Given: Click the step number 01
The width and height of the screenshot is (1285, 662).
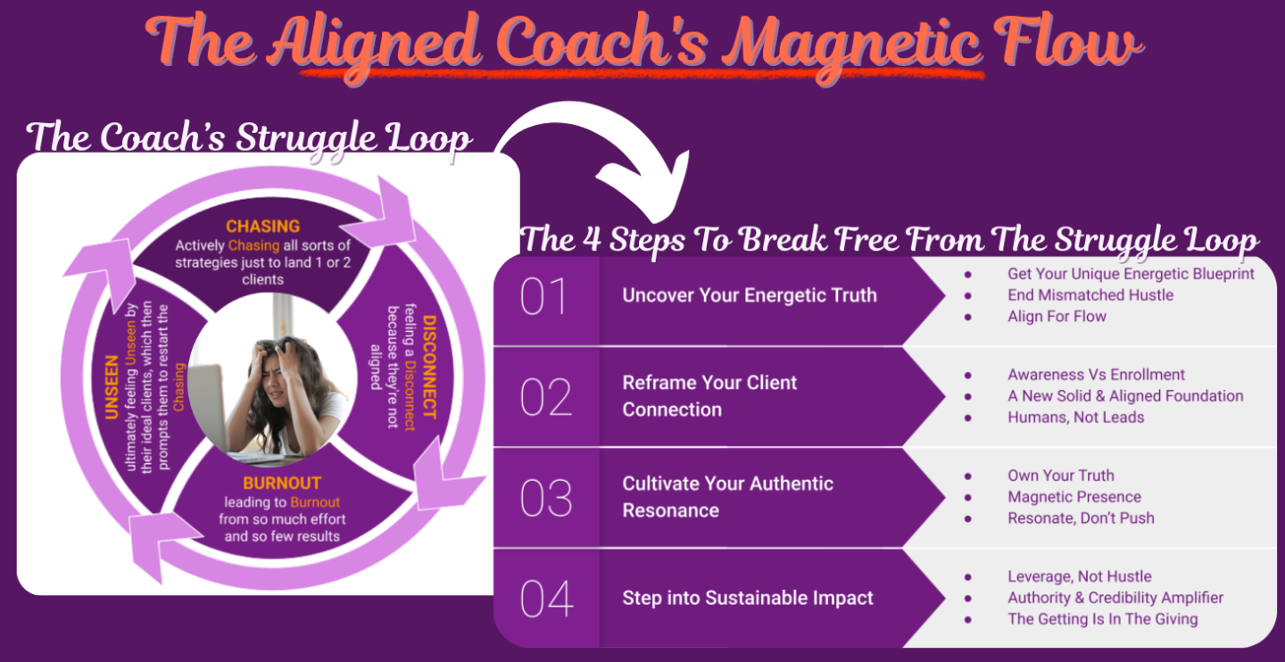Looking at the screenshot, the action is [544, 296].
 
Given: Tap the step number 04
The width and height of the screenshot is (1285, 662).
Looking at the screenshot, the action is [547, 599].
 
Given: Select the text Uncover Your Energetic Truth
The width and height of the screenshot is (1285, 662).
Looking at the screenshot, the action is [750, 294].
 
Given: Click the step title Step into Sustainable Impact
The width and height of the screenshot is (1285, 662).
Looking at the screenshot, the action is [748, 598].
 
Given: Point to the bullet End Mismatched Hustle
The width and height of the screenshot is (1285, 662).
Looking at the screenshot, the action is [1090, 294].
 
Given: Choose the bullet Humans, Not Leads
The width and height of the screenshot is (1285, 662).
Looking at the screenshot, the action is [1075, 417].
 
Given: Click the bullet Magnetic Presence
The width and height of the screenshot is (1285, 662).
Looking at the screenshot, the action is [1074, 497].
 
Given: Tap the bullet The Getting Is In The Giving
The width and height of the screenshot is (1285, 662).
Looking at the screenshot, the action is [1103, 619].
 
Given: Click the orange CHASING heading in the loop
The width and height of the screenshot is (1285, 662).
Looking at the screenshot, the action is [262, 226].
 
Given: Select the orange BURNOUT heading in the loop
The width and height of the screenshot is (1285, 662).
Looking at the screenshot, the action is [282, 483].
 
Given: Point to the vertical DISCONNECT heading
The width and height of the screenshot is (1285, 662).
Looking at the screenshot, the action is [430, 368].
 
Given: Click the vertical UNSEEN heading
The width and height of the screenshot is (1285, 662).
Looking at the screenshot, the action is [112, 387].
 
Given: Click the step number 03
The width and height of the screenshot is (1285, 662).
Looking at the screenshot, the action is [546, 498].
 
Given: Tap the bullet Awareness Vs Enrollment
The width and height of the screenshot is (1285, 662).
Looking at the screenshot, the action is [1096, 375].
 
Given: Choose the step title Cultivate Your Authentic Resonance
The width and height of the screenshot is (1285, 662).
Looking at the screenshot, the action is [727, 497].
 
